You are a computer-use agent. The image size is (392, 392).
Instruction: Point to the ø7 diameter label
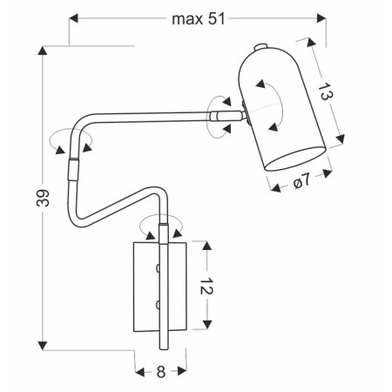pyautogui.click(x=300, y=183)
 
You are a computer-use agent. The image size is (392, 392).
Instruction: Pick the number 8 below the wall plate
pyautogui.click(x=161, y=371)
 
